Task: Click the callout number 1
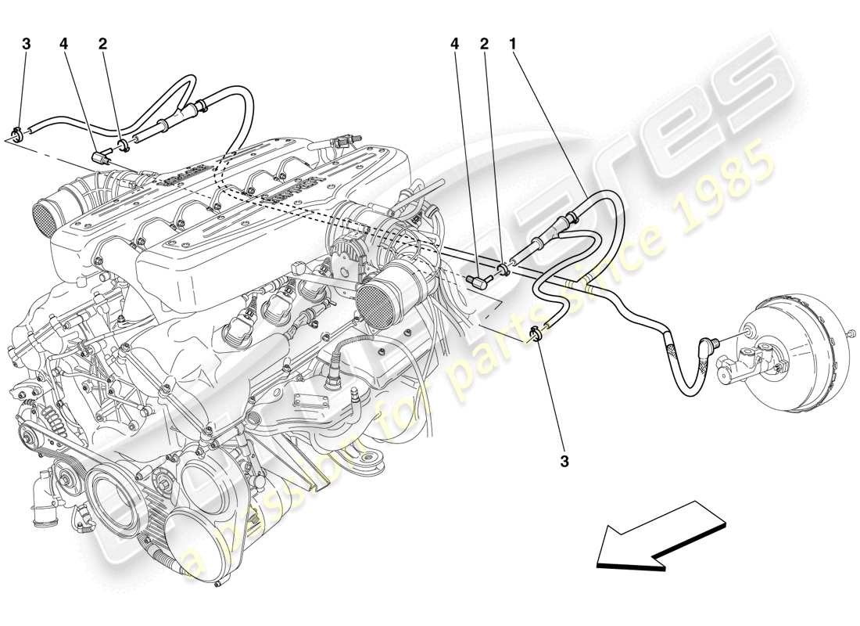click(x=513, y=45)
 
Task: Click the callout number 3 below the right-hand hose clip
click(x=564, y=462)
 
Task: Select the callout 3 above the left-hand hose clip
click(x=27, y=45)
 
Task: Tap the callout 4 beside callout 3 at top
click(x=64, y=45)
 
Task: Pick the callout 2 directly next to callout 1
click(x=484, y=45)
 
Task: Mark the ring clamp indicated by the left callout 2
click(x=124, y=142)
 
